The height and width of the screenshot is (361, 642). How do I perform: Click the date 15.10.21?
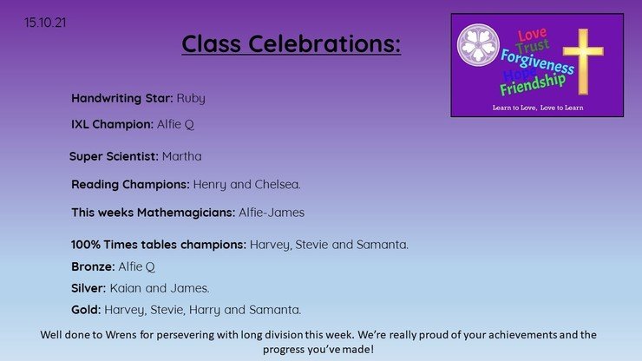click(x=45, y=23)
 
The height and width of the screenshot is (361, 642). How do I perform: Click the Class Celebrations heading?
click(x=292, y=43)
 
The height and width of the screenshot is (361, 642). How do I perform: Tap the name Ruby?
click(x=191, y=99)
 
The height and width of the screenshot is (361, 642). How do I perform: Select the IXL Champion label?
click(x=112, y=124)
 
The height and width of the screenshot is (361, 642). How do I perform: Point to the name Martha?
click(x=182, y=156)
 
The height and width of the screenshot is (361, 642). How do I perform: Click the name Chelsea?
click(x=278, y=184)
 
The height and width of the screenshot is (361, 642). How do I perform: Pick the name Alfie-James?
click(x=272, y=213)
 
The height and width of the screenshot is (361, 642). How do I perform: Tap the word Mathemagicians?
click(x=186, y=213)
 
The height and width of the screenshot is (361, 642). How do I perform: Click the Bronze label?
click(x=93, y=266)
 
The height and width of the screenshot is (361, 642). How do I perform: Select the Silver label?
click(x=88, y=288)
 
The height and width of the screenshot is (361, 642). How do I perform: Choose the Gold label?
click(x=86, y=310)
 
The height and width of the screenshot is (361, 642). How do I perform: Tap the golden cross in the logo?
click(x=583, y=62)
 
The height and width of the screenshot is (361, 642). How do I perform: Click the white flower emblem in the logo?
click(x=478, y=44)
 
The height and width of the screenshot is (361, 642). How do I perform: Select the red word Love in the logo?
click(x=533, y=35)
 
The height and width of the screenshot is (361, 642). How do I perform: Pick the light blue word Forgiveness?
click(x=537, y=62)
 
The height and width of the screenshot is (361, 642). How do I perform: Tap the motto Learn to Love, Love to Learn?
click(x=538, y=108)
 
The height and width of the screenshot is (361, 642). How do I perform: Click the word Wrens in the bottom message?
click(x=121, y=335)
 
